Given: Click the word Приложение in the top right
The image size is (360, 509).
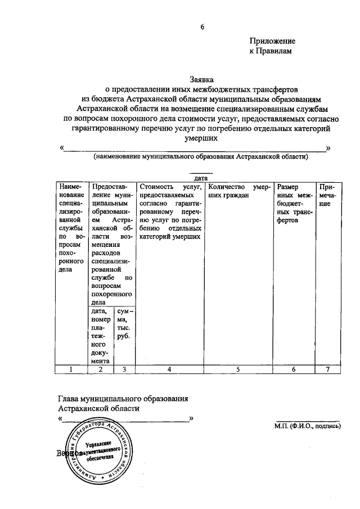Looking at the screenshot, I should click(272, 41).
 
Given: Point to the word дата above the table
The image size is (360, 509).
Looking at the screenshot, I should click(201, 178).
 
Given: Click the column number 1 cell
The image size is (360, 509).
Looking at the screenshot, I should click(71, 370).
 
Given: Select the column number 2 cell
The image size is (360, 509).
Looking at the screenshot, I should click(101, 370).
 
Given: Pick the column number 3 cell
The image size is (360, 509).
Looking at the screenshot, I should click(124, 370).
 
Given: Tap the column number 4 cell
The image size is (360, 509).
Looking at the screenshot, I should click(170, 370).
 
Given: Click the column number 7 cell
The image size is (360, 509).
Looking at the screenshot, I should click(328, 370).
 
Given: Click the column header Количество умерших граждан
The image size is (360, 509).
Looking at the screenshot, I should click(238, 191).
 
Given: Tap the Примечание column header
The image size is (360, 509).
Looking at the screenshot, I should click(328, 195).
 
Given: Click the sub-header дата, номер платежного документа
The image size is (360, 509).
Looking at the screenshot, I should click(101, 336).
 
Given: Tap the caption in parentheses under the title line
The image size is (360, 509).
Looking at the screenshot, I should click(201, 157).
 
